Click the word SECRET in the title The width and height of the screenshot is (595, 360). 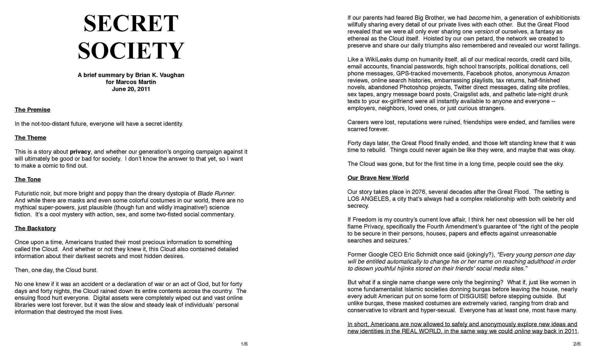(131, 23)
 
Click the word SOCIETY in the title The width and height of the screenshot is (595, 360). (131, 51)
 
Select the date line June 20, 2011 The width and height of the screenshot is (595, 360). (131, 89)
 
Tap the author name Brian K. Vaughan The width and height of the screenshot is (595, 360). (160, 75)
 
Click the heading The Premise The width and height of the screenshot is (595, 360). (32, 110)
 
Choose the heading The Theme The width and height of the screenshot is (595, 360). (30, 138)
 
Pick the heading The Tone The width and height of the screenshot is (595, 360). (28, 180)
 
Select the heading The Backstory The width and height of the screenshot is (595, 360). (35, 228)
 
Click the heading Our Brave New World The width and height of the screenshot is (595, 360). (378, 178)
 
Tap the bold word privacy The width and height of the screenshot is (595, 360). (80, 152)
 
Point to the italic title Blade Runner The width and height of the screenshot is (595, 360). (216, 194)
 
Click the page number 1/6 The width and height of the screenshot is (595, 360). (244, 344)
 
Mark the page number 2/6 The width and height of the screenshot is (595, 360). (577, 344)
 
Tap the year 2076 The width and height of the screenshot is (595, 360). (419, 192)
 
